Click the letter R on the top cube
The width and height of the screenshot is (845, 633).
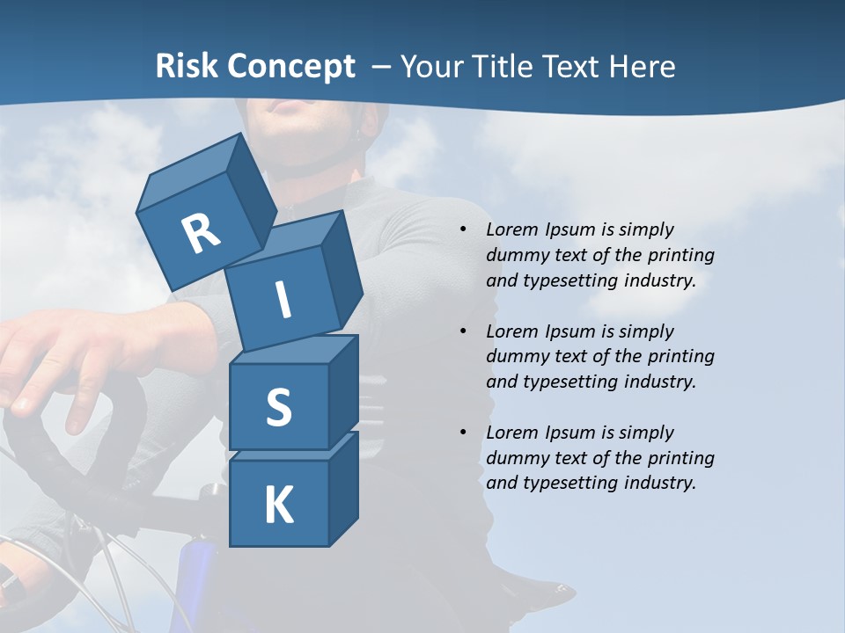click(201, 234)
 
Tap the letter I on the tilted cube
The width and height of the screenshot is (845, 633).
click(283, 300)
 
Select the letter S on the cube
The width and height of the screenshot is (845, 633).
click(278, 408)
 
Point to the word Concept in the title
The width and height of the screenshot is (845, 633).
click(291, 67)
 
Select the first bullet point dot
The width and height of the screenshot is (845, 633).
click(463, 230)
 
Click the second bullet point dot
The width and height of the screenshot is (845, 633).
click(463, 331)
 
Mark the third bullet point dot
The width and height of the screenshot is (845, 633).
click(463, 433)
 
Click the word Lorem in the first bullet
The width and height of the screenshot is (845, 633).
click(511, 229)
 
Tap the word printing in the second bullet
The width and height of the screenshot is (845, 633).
click(680, 356)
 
